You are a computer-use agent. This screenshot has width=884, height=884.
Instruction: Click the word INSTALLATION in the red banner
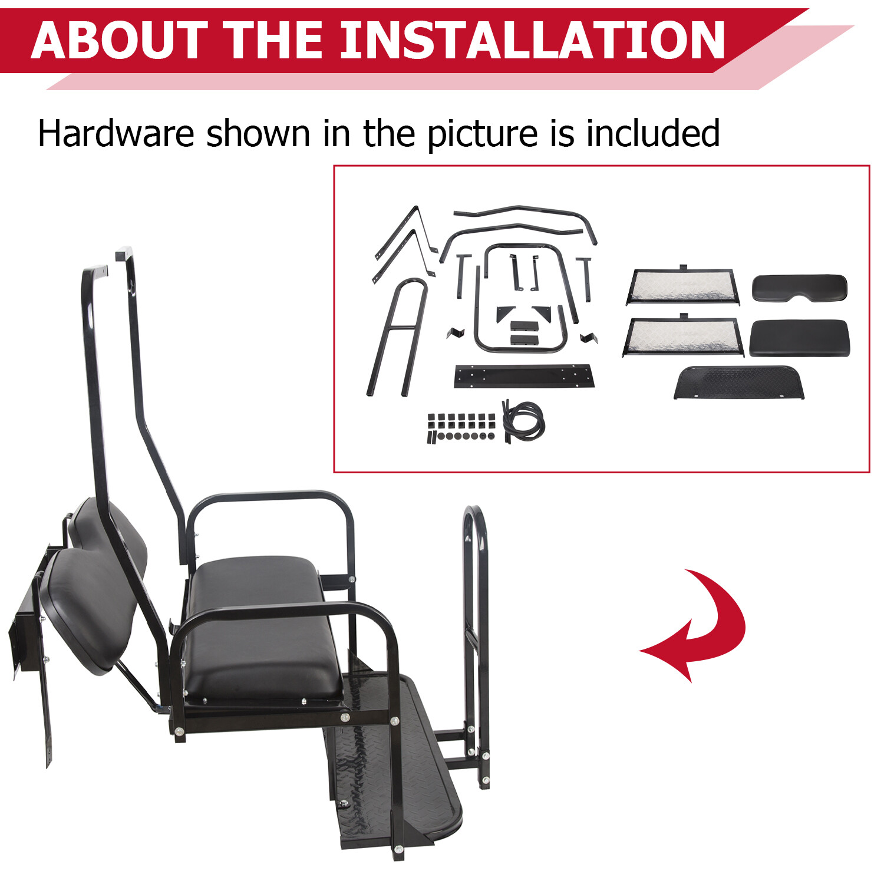click(x=532, y=40)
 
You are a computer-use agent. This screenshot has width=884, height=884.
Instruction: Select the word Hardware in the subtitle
click(x=116, y=133)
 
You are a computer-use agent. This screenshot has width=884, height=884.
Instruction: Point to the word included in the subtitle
click(x=652, y=133)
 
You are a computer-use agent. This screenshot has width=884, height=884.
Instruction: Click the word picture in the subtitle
click(x=482, y=134)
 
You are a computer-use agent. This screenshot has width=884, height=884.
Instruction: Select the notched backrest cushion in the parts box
click(x=800, y=288)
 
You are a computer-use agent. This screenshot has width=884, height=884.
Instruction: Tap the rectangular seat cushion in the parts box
click(x=799, y=338)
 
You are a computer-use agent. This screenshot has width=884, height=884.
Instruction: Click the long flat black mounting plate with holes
click(x=523, y=376)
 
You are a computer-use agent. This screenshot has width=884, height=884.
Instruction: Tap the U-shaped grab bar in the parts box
click(x=397, y=336)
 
